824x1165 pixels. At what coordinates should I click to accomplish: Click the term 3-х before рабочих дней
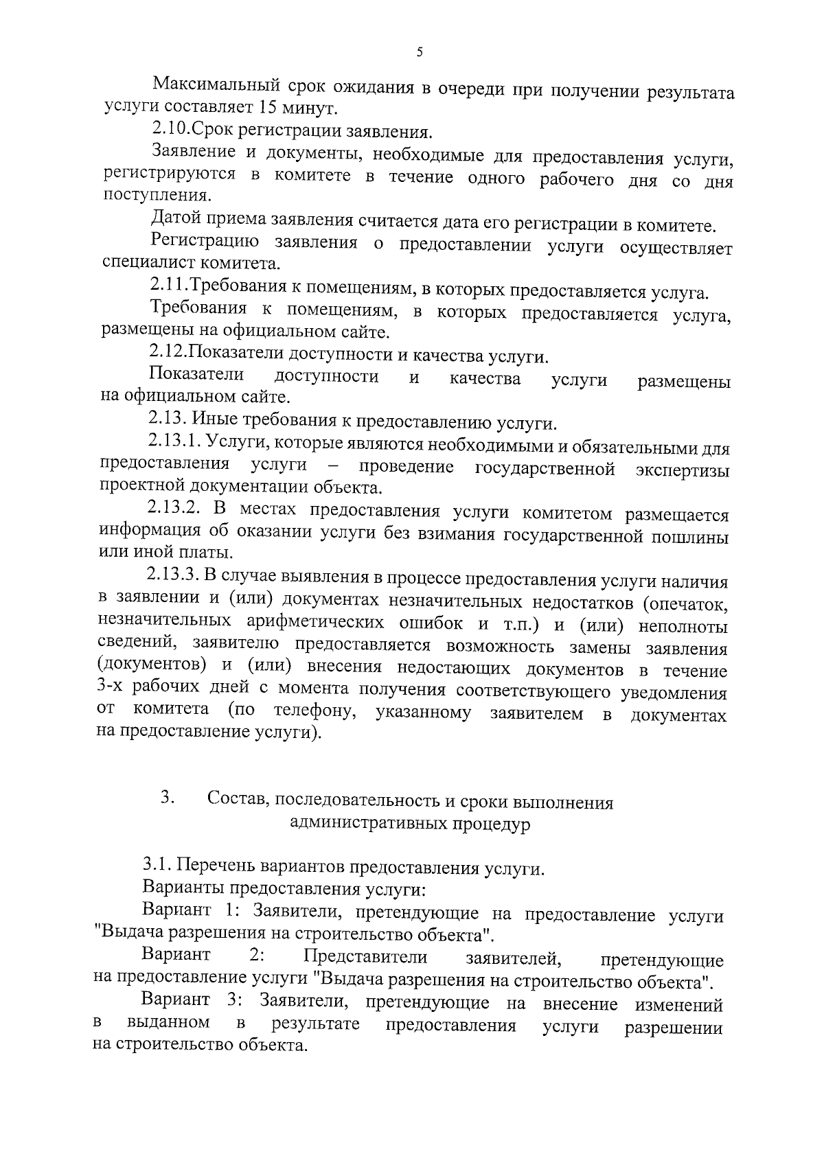111,689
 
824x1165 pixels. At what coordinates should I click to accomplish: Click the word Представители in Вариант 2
365,957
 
